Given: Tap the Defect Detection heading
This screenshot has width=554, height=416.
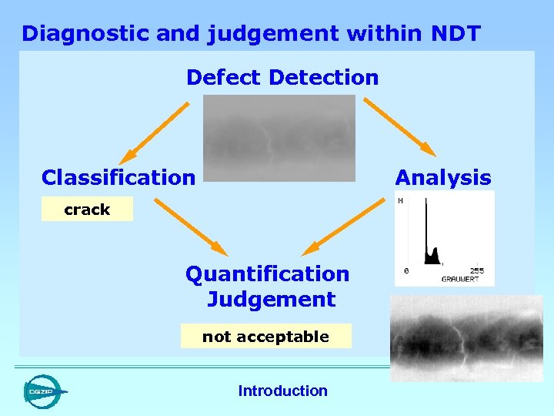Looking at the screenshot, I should (x=282, y=78).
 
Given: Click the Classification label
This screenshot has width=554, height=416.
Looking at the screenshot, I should (x=118, y=178).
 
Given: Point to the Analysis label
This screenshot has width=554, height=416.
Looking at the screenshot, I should (x=442, y=178).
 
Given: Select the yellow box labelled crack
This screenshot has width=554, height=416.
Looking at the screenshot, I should (x=87, y=210).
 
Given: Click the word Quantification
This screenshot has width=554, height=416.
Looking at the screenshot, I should (x=267, y=274).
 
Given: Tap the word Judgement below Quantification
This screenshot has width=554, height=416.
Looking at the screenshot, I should (x=271, y=300).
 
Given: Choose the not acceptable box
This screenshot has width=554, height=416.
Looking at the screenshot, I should (x=265, y=337).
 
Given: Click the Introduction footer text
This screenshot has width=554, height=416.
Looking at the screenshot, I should (x=282, y=391).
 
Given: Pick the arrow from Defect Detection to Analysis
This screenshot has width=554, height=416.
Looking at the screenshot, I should (x=399, y=126).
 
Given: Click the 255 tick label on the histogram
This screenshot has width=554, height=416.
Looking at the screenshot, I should (x=477, y=271).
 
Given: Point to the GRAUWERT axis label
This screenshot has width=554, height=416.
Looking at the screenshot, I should (x=459, y=279).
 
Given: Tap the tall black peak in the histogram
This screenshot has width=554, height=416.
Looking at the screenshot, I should (x=426, y=231).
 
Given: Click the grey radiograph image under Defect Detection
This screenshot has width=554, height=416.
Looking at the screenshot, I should (x=279, y=138).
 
